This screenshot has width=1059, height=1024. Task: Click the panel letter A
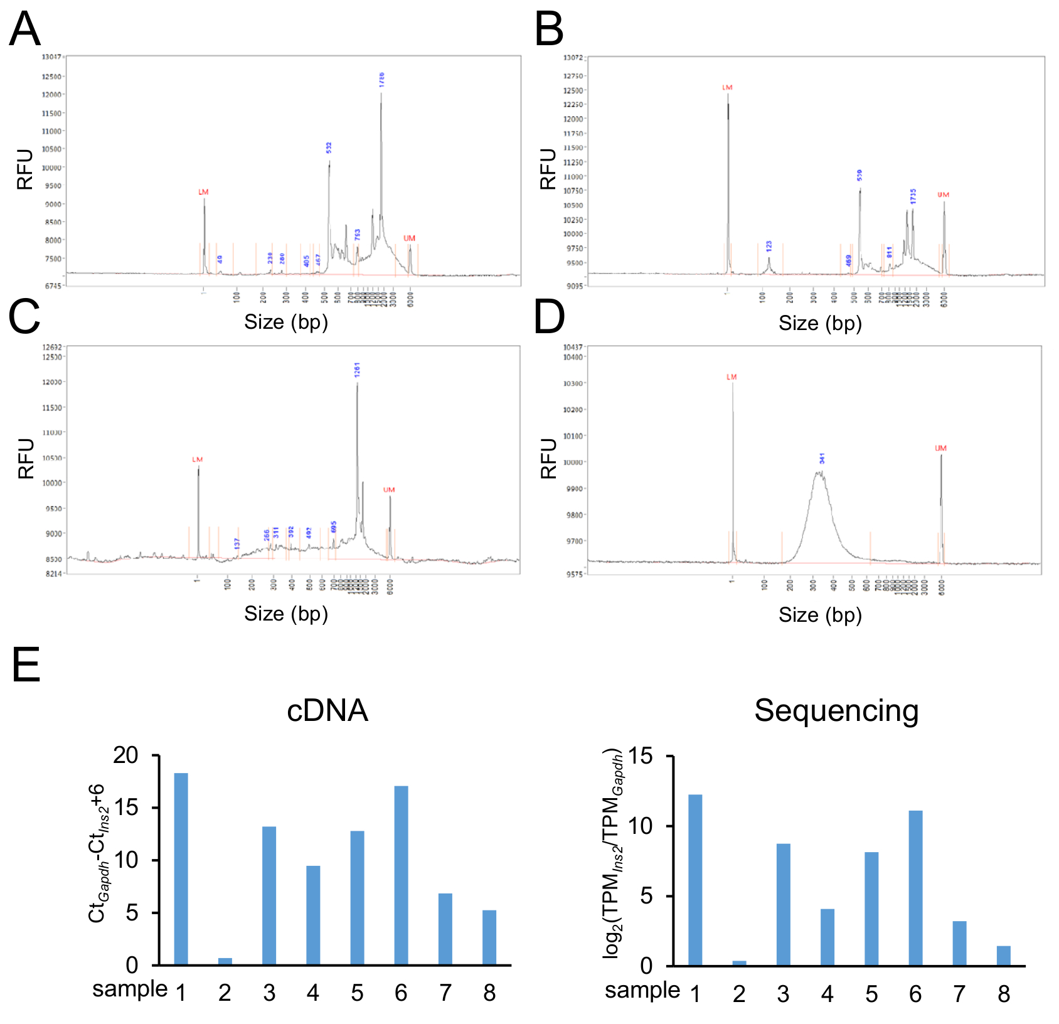pos(25,29)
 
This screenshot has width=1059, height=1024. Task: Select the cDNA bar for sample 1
pos(181,868)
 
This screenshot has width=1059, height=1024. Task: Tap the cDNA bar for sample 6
pos(401,875)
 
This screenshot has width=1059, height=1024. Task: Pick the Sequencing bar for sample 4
pos(827,937)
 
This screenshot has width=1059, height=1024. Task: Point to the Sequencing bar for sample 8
pos(1003,955)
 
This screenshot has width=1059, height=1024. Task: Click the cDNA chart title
pos(327,711)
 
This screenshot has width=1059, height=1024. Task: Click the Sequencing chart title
pos(836,711)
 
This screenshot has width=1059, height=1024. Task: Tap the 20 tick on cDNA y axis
pos(125,755)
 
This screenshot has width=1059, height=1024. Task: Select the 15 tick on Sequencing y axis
pos(640,756)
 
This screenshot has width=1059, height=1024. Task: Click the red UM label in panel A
pos(409,238)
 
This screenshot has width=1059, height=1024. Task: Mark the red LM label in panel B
pos(727,88)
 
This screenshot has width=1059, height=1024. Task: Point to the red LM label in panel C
pos(198,460)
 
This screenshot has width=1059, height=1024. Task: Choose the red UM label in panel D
pos(940,449)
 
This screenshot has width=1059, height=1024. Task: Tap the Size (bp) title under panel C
pos(286,614)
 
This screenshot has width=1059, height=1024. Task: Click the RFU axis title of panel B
pos(548,169)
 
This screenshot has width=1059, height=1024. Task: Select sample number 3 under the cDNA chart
pos(269,993)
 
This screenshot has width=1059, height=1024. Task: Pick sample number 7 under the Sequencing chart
pos(959,995)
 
